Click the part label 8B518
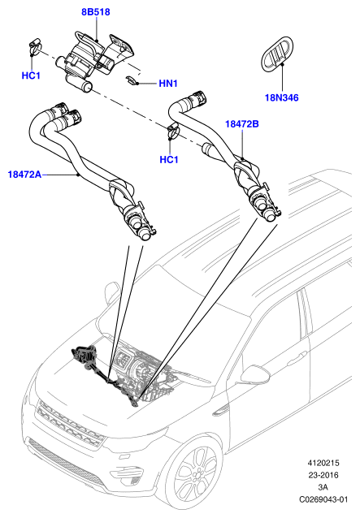pyautogui.click(x=96, y=12)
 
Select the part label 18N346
pyautogui.click(x=282, y=97)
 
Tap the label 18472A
pyautogui.click(x=25, y=175)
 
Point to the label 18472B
pyautogui.click(x=242, y=124)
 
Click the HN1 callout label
pyautogui.click(x=168, y=84)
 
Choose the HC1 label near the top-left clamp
pyautogui.click(x=31, y=76)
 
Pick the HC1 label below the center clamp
pyautogui.click(x=169, y=160)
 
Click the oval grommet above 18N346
pyautogui.click(x=277, y=54)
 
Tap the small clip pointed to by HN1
pyautogui.click(x=132, y=80)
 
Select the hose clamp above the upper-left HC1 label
pyautogui.click(x=35, y=46)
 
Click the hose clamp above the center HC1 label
pyautogui.click(x=173, y=131)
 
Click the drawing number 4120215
pyautogui.click(x=323, y=463)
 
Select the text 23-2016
pyautogui.click(x=323, y=475)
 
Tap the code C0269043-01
pyautogui.click(x=323, y=499)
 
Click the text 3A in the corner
pyautogui.click(x=323, y=487)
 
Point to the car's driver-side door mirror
pyautogui.click(x=255, y=373)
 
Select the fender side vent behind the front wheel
pyautogui.click(x=221, y=410)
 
